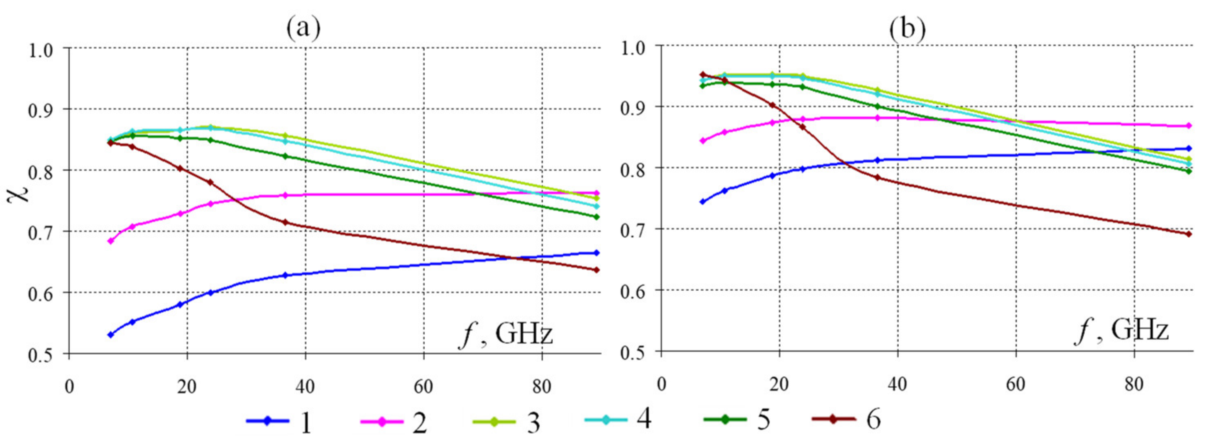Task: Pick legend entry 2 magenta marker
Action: (381, 422)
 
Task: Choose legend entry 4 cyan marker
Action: (606, 419)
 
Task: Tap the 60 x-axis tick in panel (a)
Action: (423, 387)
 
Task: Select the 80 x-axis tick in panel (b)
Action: (1134, 384)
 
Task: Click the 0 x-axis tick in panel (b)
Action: (661, 384)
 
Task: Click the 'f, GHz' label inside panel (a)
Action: (506, 335)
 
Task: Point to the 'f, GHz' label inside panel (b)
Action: (1121, 331)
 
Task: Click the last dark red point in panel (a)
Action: (596, 270)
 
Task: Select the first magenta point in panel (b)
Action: (702, 140)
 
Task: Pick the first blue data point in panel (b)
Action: (702, 202)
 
